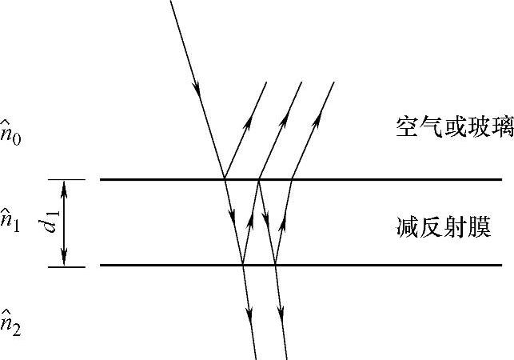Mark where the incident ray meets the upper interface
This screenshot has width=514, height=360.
[224, 179]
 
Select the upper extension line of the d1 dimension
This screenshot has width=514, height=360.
[67, 179]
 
